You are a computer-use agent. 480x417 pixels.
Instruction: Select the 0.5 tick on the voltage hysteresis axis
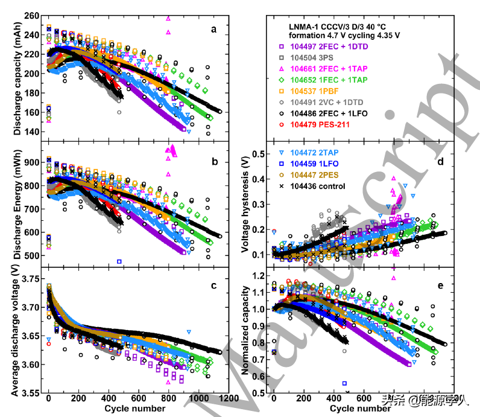(258, 154)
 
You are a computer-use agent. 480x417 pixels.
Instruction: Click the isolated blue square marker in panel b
(119, 261)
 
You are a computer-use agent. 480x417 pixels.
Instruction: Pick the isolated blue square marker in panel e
(345, 383)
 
